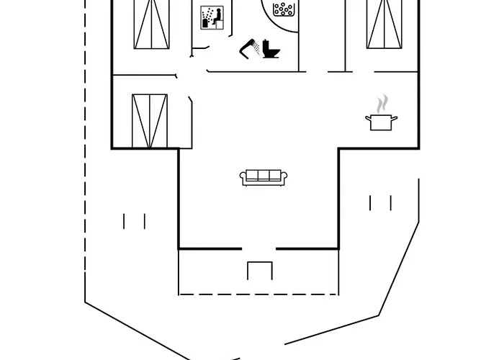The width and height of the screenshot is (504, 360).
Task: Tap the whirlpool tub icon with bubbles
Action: click(284, 9)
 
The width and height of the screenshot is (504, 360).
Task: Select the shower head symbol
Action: click(251, 48)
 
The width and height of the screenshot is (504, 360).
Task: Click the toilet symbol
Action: click(271, 49)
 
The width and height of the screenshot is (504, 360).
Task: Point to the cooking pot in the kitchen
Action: click(381, 122)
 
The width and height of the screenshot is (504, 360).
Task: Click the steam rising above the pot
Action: click(383, 102)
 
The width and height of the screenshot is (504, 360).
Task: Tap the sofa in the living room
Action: click(263, 177)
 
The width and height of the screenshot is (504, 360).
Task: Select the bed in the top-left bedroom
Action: click(153, 24)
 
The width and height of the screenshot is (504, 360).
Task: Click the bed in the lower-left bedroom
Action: click(150, 120)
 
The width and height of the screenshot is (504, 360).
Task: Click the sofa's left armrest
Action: click(243, 178)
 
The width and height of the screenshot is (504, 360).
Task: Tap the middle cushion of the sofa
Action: click(263, 175)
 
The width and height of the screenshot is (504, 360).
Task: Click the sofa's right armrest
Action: click(283, 178)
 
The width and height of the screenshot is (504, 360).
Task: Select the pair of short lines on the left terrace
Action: click(135, 221)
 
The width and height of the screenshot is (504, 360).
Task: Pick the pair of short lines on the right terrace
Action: click(380, 203)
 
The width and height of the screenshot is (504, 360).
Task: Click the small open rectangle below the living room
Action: click(260, 271)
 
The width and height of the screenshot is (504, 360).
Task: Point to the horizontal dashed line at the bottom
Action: click(258, 294)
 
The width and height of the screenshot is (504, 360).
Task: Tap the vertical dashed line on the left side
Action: click(86, 144)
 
